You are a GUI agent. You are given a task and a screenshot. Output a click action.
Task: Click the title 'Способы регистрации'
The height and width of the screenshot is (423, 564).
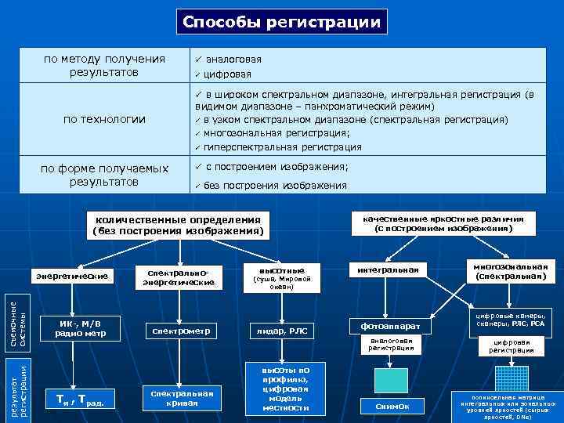[x=281, y=23]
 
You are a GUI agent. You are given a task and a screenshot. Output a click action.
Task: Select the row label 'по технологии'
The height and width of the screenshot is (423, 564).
[x=104, y=119]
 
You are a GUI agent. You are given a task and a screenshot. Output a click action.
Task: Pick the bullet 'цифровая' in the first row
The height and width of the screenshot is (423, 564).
[x=228, y=75]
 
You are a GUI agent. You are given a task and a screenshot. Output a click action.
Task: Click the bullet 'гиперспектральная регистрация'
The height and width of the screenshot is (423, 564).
[x=282, y=146]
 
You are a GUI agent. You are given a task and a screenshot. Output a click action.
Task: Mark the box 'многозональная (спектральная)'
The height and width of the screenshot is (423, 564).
[x=512, y=271]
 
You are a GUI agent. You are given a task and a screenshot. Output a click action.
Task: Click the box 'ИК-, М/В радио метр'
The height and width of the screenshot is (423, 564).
[x=81, y=327]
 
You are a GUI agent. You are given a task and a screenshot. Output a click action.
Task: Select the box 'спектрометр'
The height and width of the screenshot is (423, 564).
[x=178, y=331]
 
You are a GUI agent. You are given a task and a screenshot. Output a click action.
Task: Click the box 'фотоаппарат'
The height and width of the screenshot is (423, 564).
[x=389, y=325]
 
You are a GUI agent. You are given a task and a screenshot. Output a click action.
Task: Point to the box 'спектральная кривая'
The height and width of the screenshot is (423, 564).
[x=180, y=396]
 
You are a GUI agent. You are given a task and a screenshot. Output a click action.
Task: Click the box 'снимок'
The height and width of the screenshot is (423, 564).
[x=389, y=406]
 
